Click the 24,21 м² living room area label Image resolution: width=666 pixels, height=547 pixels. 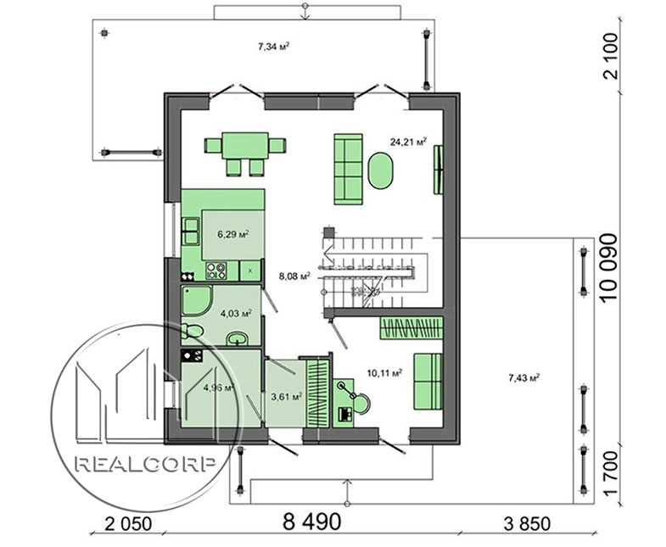(x=408, y=142)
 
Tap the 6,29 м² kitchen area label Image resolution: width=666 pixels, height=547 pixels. (x=233, y=234)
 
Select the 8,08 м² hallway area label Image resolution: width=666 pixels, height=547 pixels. (x=294, y=276)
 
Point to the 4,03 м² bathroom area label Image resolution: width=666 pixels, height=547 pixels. (x=236, y=314)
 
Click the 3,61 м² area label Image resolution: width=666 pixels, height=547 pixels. (x=287, y=396)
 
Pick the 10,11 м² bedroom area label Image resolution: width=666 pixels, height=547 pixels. (x=385, y=373)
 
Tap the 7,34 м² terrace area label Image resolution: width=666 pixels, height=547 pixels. (x=274, y=47)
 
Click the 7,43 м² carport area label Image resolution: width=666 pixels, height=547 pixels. (x=524, y=377)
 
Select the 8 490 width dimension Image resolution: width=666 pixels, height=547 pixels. (x=311, y=522)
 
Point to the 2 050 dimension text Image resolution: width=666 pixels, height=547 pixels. (x=128, y=524)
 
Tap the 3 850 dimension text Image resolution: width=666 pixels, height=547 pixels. (x=527, y=524)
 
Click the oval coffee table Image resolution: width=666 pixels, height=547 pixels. (x=381, y=170)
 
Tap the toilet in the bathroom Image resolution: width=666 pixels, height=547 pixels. (x=193, y=331)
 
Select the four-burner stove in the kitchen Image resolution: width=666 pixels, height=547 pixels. (x=215, y=271)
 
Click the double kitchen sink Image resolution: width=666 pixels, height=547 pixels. (x=191, y=232)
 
